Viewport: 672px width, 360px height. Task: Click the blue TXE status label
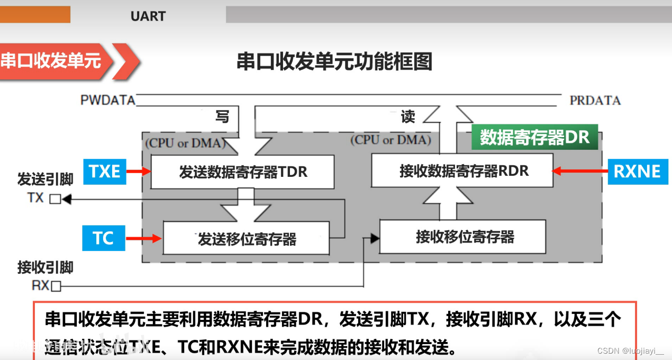pos(105,171)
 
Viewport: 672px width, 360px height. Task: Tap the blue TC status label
pos(104,238)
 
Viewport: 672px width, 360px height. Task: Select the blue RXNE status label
pos(638,171)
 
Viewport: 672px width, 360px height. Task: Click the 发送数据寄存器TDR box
pos(242,172)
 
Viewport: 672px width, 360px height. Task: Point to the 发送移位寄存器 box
pos(246,239)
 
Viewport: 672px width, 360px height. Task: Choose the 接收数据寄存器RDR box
pos(462,170)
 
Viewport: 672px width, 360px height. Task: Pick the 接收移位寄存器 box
pos(462,237)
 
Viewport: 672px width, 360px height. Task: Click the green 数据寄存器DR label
pos(534,137)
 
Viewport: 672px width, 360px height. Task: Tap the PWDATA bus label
pos(108,100)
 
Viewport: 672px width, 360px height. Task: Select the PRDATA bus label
pos(595,100)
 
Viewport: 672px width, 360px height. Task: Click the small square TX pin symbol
pos(55,199)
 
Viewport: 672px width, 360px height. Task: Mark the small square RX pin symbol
pos(56,286)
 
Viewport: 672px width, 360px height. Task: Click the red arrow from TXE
pos(139,171)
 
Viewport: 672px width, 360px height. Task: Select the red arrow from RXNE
pos(580,170)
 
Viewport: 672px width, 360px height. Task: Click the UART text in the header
pos(148,16)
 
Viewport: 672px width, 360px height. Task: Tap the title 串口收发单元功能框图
pos(334,61)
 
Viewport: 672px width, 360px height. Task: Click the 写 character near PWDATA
pos(222,116)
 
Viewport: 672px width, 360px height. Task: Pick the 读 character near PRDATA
pos(408,116)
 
